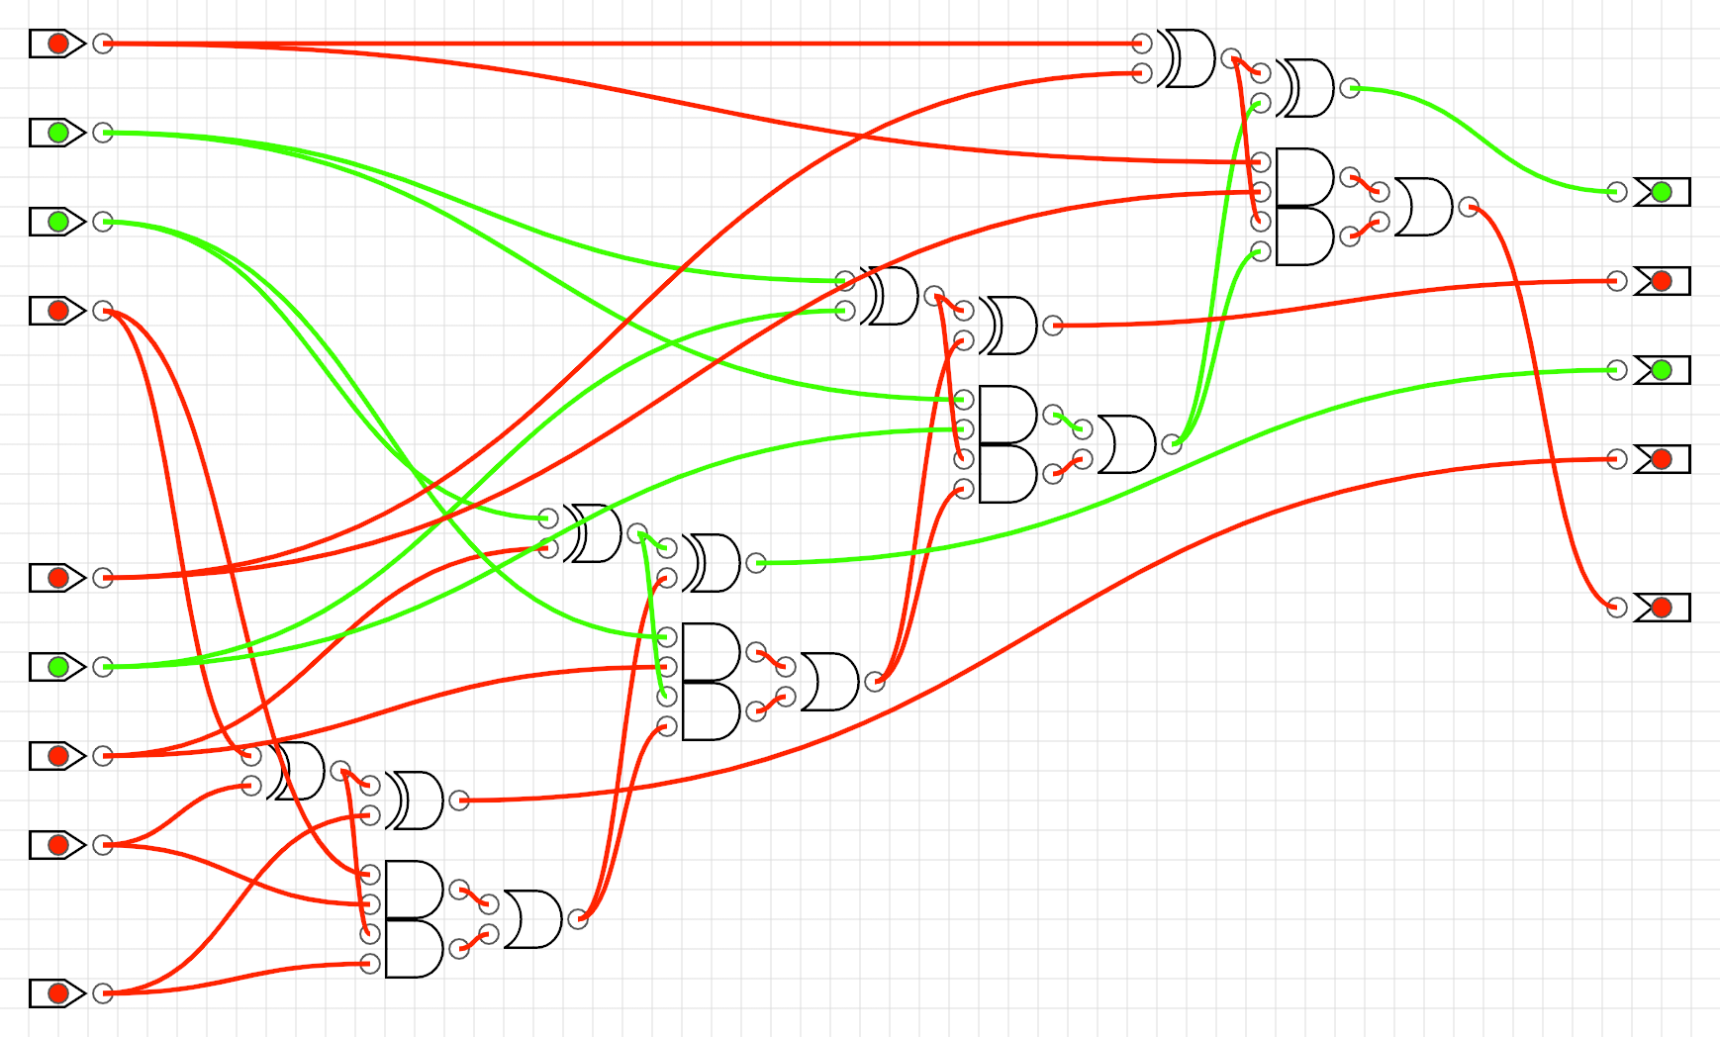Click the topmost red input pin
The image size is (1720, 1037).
coord(58,44)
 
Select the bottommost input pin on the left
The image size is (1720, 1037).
coord(58,992)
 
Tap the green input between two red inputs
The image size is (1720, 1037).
coord(58,666)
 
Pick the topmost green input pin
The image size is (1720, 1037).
coord(58,132)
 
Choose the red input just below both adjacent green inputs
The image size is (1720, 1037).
coord(58,310)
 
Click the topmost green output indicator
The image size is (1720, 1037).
coord(1662,192)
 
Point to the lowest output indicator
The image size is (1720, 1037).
coord(1662,607)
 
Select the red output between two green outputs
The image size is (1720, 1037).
coord(1662,281)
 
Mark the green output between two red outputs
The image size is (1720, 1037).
coord(1662,370)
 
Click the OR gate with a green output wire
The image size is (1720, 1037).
coord(1126,444)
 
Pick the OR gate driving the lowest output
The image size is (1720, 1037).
coord(1423,207)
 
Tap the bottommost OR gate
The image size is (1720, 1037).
coord(532,919)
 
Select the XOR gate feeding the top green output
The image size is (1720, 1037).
coord(1305,88)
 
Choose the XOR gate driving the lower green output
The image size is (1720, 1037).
coord(712,563)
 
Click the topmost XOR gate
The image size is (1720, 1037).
coord(1187,58)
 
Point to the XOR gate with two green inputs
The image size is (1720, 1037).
coord(890,296)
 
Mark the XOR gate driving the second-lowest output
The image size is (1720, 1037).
coord(415,801)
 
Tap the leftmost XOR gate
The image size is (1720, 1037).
coord(296,771)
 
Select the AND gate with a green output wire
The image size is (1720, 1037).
coord(1007,415)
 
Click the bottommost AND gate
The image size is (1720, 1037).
coord(414,949)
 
